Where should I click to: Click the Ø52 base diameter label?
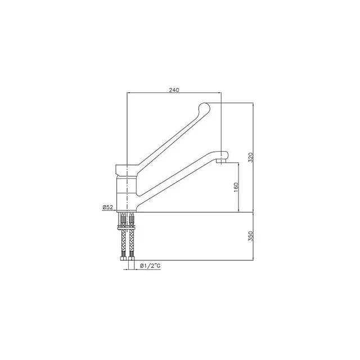click(108, 208)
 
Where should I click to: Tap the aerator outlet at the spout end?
click(221, 161)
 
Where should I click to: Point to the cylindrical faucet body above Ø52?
click(127, 191)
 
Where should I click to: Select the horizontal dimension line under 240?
click(175, 93)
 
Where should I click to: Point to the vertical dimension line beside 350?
click(254, 237)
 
